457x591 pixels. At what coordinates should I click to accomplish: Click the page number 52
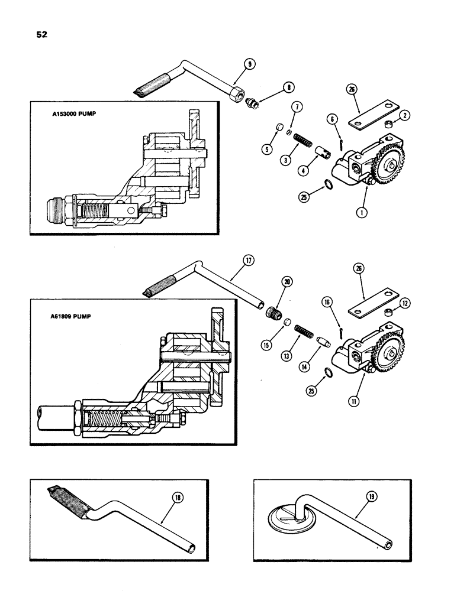tap(41, 34)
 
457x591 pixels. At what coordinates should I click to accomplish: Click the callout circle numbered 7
tap(295, 106)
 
